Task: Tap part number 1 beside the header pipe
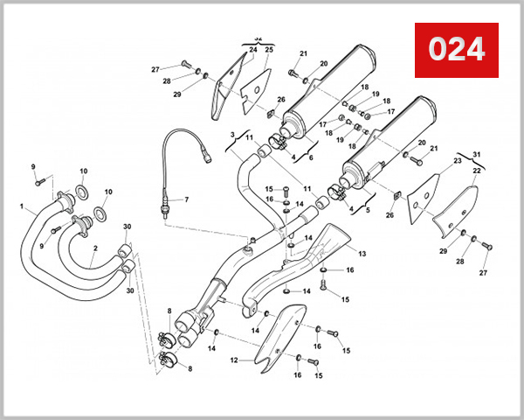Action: (22, 207)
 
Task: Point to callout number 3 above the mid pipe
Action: (233, 134)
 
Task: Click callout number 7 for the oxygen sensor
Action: (185, 200)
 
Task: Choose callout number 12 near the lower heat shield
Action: (234, 360)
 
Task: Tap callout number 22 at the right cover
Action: (477, 171)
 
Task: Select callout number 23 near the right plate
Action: (457, 161)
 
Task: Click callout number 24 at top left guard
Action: (252, 51)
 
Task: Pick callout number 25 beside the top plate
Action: (269, 51)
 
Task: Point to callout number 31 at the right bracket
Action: (477, 155)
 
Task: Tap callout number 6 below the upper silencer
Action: (310, 157)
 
